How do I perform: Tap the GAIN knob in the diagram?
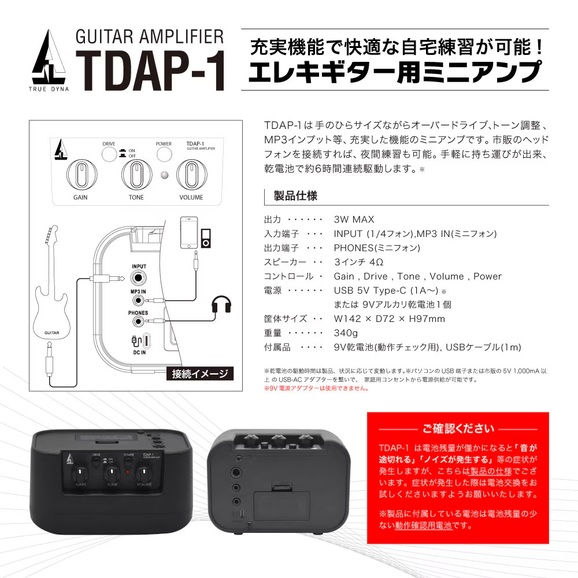pyautogui.click(x=81, y=175)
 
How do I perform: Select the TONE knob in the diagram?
pyautogui.click(x=136, y=175)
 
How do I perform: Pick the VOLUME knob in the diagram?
pyautogui.click(x=191, y=175)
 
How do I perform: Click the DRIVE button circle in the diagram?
pyautogui.click(x=109, y=154)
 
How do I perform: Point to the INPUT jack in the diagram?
pyautogui.click(x=139, y=277)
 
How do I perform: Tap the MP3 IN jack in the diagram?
pyautogui.click(x=138, y=301)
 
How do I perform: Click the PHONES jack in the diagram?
pyautogui.click(x=138, y=321)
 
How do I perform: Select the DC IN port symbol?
pyautogui.click(x=141, y=341)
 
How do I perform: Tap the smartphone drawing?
pyautogui.click(x=189, y=232)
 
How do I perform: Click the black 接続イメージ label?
pyautogui.click(x=200, y=374)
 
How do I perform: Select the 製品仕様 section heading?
pyautogui.click(x=295, y=196)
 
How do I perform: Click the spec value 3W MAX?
pyautogui.click(x=354, y=220)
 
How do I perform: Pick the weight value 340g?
pyautogui.click(x=346, y=334)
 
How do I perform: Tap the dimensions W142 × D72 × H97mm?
pyautogui.click(x=389, y=319)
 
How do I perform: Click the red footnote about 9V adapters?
pyautogui.click(x=317, y=388)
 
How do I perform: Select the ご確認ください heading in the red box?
pyautogui.click(x=458, y=429)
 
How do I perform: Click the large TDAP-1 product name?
pyautogui.click(x=150, y=71)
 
